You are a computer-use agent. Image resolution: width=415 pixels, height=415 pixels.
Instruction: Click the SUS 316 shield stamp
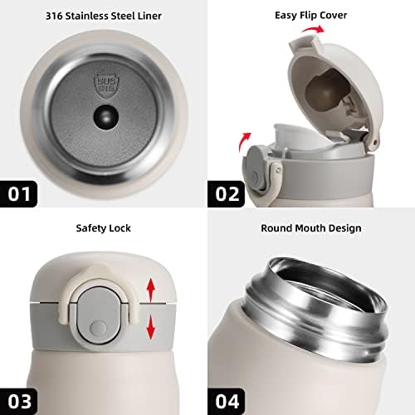tap(106, 85)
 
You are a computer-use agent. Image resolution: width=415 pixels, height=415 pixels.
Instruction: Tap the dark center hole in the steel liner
tap(106, 117)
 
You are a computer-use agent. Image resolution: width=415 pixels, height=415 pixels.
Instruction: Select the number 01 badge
tap(18, 193)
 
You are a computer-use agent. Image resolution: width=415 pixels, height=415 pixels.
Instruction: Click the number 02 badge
tap(227, 193)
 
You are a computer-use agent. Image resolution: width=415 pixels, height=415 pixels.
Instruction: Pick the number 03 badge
tap(18, 401)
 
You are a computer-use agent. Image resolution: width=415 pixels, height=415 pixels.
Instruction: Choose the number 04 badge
tap(227, 401)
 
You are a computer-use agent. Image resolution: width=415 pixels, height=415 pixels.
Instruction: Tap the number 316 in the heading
tap(54, 16)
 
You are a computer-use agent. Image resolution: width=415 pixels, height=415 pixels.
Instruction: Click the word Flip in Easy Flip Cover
tap(310, 15)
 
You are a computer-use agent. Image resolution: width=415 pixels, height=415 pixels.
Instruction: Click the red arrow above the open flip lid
tap(313, 29)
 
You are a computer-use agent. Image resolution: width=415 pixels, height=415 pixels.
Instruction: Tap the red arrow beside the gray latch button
tap(244, 142)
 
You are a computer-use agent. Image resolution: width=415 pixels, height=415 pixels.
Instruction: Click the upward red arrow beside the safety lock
tap(151, 290)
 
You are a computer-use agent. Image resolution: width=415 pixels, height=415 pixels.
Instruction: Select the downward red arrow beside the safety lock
tap(150, 328)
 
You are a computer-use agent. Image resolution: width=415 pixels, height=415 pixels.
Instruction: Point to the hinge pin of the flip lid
tap(374, 143)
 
